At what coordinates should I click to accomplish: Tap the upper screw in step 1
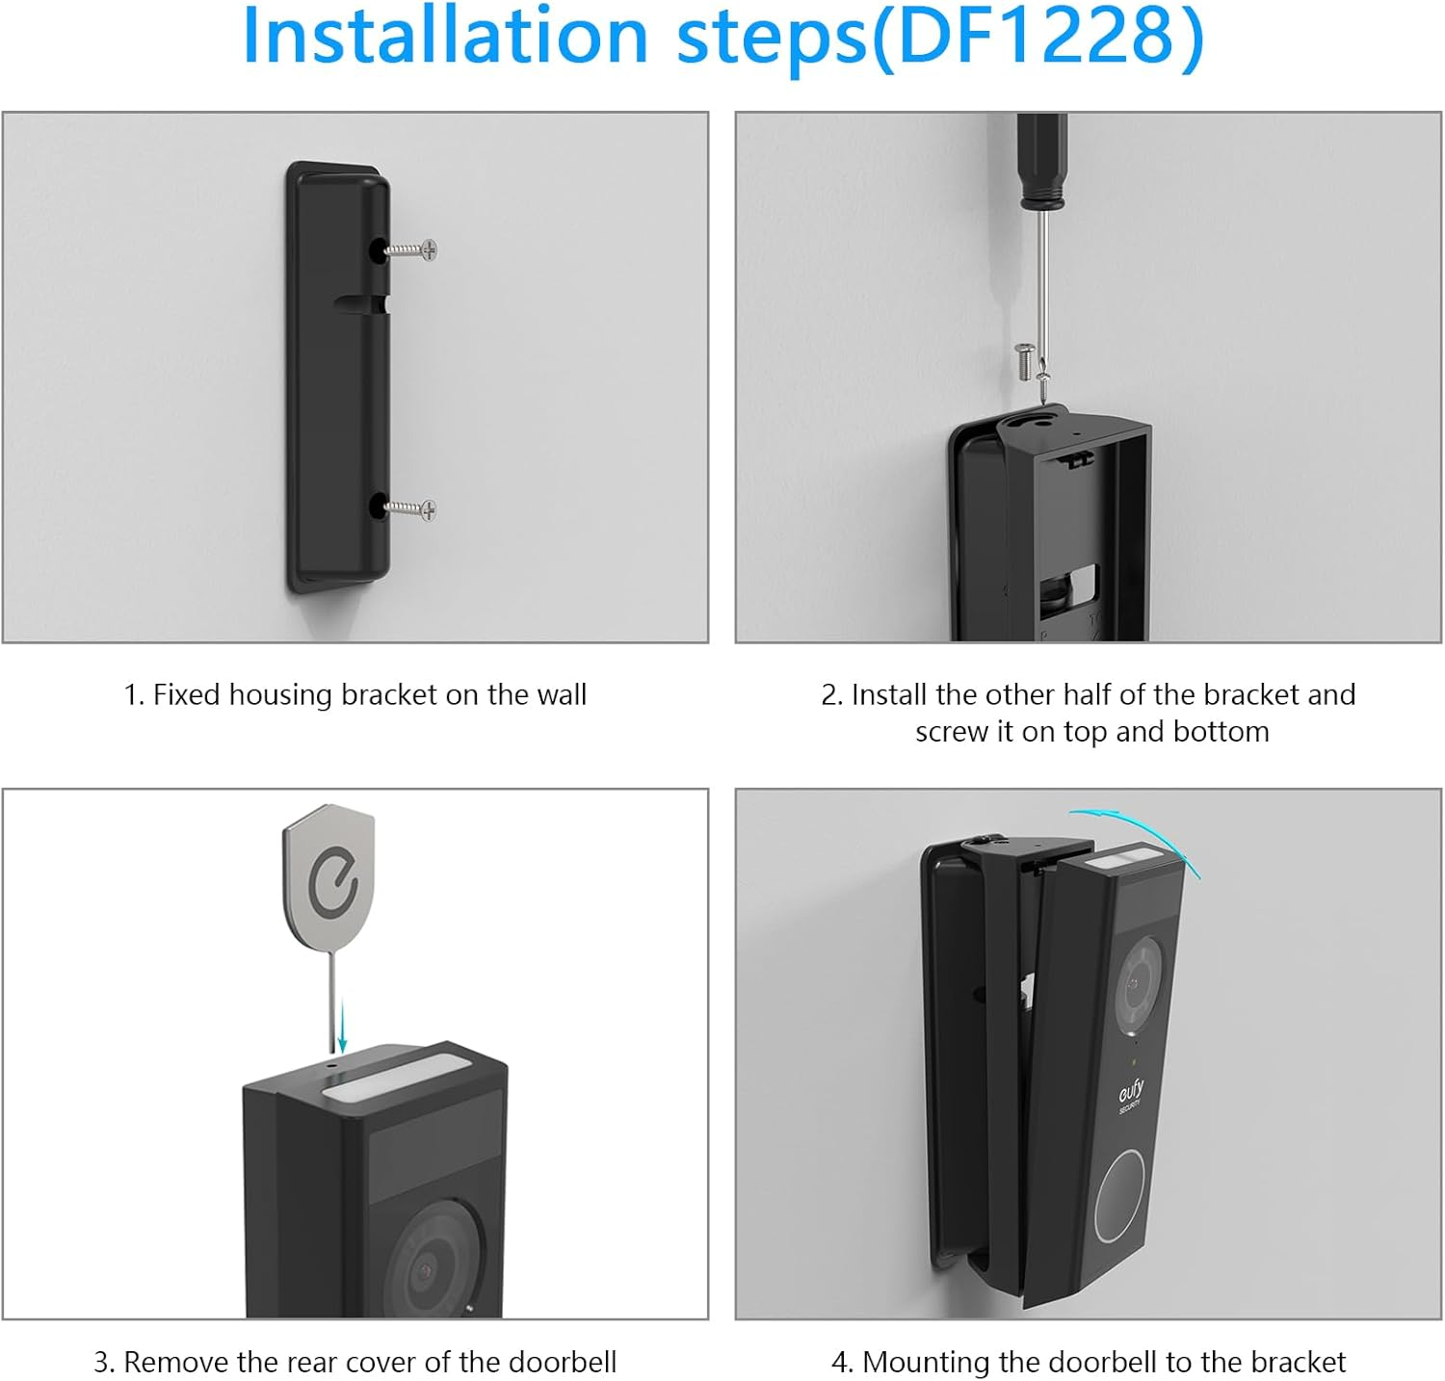point(412,250)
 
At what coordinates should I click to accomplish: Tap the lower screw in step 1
point(412,508)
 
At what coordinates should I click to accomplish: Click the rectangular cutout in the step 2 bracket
point(1083,585)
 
